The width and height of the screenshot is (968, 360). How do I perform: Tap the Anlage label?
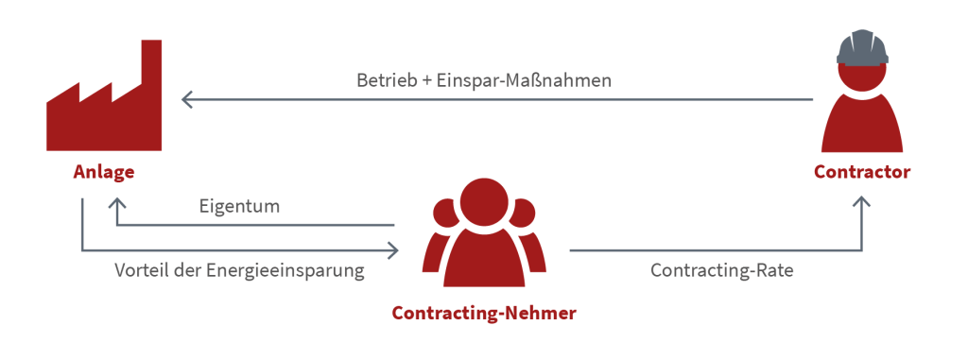point(104,173)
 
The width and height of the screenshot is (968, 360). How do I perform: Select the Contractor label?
point(862,173)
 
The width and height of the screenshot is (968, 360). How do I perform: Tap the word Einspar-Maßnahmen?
point(524,80)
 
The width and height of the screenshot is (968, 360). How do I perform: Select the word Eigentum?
point(239,205)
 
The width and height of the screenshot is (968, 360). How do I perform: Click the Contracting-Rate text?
point(722,270)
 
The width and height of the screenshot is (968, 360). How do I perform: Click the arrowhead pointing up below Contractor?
point(861,200)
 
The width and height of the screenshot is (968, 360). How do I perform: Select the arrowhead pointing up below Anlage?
point(116,202)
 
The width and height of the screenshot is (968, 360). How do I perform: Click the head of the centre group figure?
point(483,201)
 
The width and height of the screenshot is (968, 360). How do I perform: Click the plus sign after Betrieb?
point(428,80)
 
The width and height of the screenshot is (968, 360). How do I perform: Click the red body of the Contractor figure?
point(862,128)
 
